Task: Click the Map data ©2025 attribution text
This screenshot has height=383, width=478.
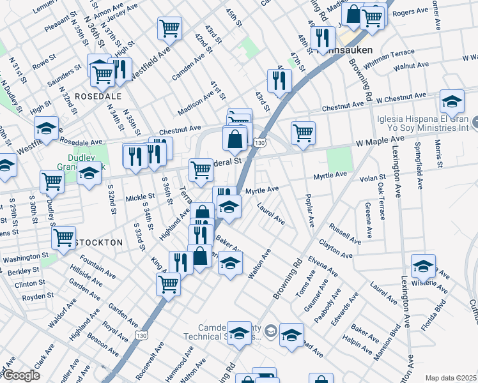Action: pos(451,378)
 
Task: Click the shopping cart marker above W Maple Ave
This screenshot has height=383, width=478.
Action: pos(303,133)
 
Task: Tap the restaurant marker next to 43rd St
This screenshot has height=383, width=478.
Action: pos(279,80)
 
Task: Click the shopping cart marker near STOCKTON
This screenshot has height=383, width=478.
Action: pos(64,237)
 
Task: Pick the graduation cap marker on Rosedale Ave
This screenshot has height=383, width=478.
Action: pos(46,129)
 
